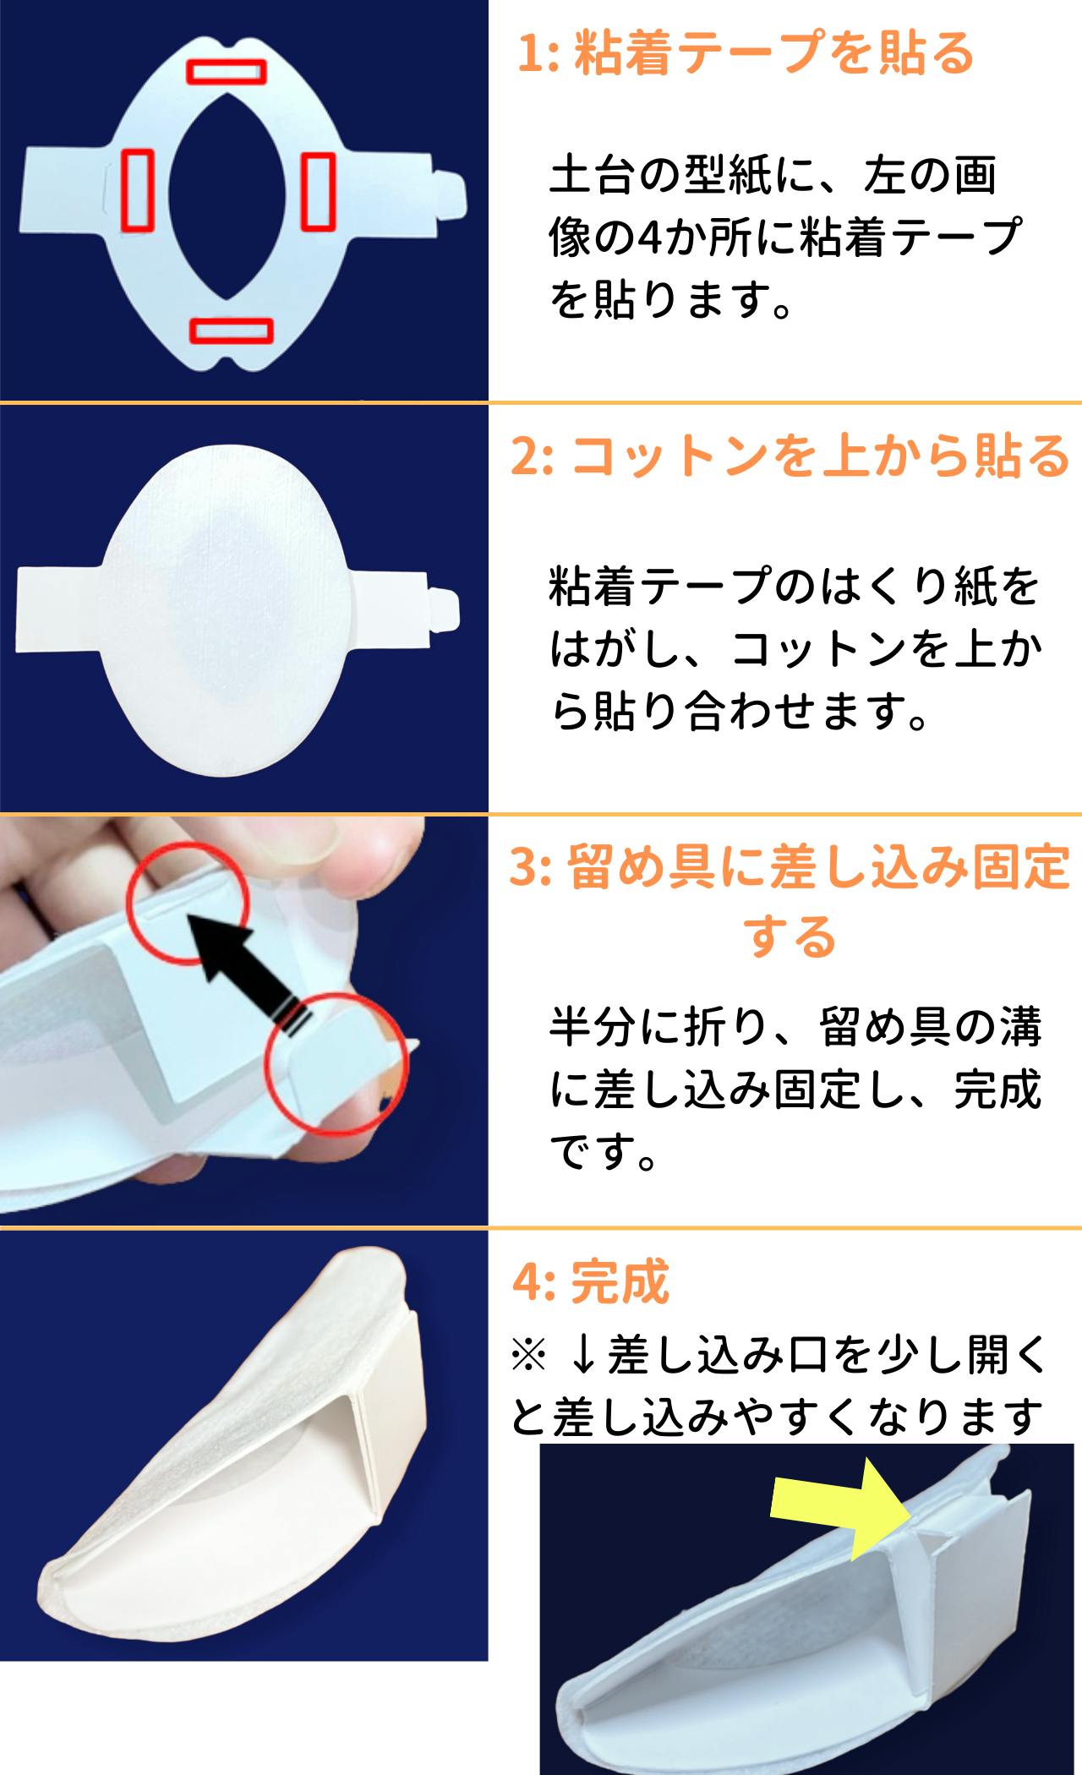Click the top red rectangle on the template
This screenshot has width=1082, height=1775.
(227, 71)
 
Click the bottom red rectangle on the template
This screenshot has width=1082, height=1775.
(231, 330)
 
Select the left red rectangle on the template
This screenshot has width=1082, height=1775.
(138, 190)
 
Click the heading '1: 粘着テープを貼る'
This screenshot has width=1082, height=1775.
(746, 53)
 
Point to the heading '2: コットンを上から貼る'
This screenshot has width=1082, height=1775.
(790, 456)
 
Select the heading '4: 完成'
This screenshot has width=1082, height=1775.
(591, 1281)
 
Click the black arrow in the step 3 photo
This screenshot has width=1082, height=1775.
(245, 971)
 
